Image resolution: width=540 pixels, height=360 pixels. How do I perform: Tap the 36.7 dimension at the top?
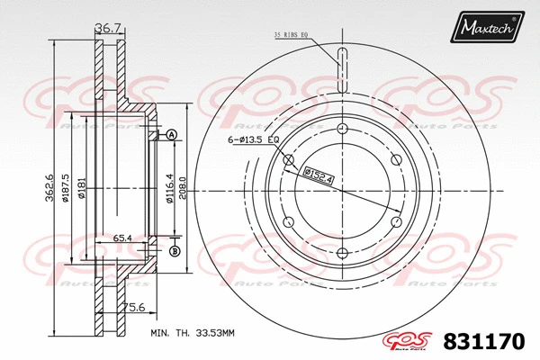109,30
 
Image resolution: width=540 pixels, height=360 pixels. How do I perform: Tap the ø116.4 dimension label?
169,191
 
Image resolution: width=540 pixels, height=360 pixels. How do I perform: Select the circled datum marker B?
175,250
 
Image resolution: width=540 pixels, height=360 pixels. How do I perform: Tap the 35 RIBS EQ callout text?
294,35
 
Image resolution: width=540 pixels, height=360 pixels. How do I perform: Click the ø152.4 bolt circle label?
319,176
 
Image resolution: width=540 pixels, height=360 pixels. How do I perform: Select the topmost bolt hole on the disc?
343,130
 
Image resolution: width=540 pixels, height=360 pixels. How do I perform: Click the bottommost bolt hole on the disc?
343,252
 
